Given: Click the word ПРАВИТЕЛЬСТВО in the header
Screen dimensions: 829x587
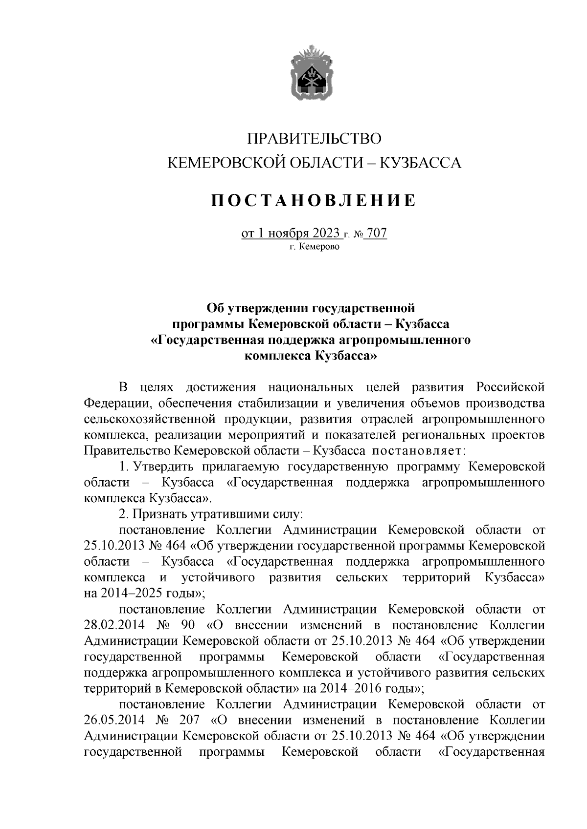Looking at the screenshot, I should click(314, 139).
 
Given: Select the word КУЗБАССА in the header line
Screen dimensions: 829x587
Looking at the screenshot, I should click(421, 163).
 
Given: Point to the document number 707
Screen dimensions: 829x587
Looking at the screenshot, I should click(377, 234).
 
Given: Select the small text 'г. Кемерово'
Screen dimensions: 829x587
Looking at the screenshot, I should click(314, 247).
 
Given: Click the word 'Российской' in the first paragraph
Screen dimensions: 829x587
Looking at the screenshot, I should click(511, 387).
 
